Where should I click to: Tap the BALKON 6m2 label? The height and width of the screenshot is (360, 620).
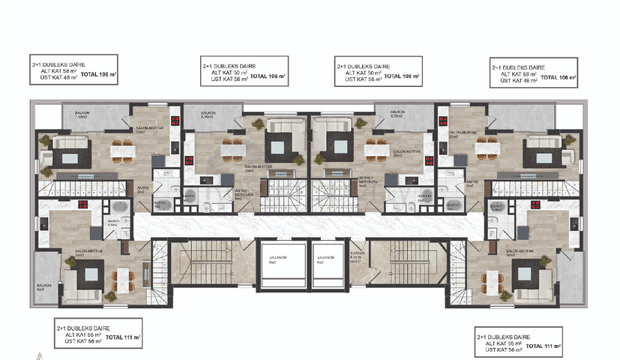42,286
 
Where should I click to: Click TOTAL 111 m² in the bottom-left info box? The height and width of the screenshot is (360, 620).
123,338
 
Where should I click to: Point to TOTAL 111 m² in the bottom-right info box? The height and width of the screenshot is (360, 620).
544,346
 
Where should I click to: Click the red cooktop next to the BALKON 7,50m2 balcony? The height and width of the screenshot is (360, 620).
175,123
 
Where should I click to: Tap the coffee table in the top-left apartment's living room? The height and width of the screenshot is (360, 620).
72,157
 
